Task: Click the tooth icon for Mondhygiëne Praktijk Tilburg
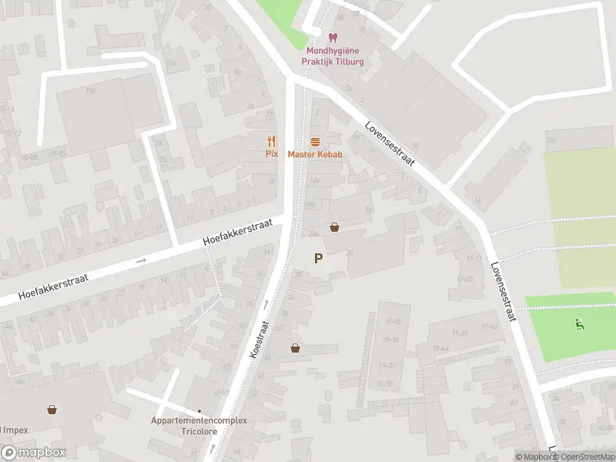333,38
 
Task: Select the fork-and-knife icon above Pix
270,141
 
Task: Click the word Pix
270,154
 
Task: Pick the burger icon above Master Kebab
315,142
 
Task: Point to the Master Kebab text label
315,154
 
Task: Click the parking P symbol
318,259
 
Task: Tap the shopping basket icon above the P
335,227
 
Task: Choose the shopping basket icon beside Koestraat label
295,348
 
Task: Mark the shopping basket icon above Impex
52,410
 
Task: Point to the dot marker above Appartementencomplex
199,410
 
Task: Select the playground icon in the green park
580,323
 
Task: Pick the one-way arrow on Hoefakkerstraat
141,261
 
